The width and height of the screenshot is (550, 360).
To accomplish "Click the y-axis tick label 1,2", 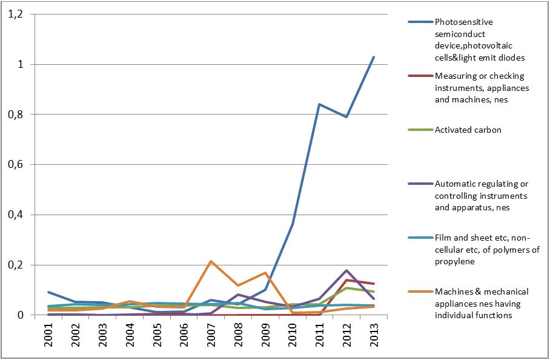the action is (x=15, y=14).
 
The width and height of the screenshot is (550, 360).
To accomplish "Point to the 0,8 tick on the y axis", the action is (x=15, y=115).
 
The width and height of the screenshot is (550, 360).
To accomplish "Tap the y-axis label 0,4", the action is (x=15, y=215).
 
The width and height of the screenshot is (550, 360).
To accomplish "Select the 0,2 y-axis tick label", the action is (x=15, y=265).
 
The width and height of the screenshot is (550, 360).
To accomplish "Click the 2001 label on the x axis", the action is (x=48, y=335).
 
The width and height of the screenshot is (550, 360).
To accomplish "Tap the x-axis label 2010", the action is (x=292, y=335).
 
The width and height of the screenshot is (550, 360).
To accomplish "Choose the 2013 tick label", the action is (x=374, y=335).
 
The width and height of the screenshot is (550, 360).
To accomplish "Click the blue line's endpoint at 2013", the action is (x=374, y=57).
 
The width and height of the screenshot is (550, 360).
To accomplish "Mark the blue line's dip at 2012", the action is (x=346, y=117).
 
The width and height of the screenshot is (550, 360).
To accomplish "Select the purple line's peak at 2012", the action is (x=346, y=270).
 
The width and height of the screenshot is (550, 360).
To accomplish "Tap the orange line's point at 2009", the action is (x=265, y=273).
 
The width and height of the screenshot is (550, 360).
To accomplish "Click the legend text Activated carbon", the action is (x=468, y=130).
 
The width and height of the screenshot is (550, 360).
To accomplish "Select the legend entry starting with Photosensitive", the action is (x=480, y=39).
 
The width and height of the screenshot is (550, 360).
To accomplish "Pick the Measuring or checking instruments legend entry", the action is (x=482, y=88).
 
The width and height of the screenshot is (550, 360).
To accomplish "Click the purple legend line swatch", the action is (x=420, y=184).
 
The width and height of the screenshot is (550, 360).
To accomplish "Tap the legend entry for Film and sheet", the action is (x=487, y=250).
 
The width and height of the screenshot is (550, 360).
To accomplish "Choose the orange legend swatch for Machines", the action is (x=420, y=292).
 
